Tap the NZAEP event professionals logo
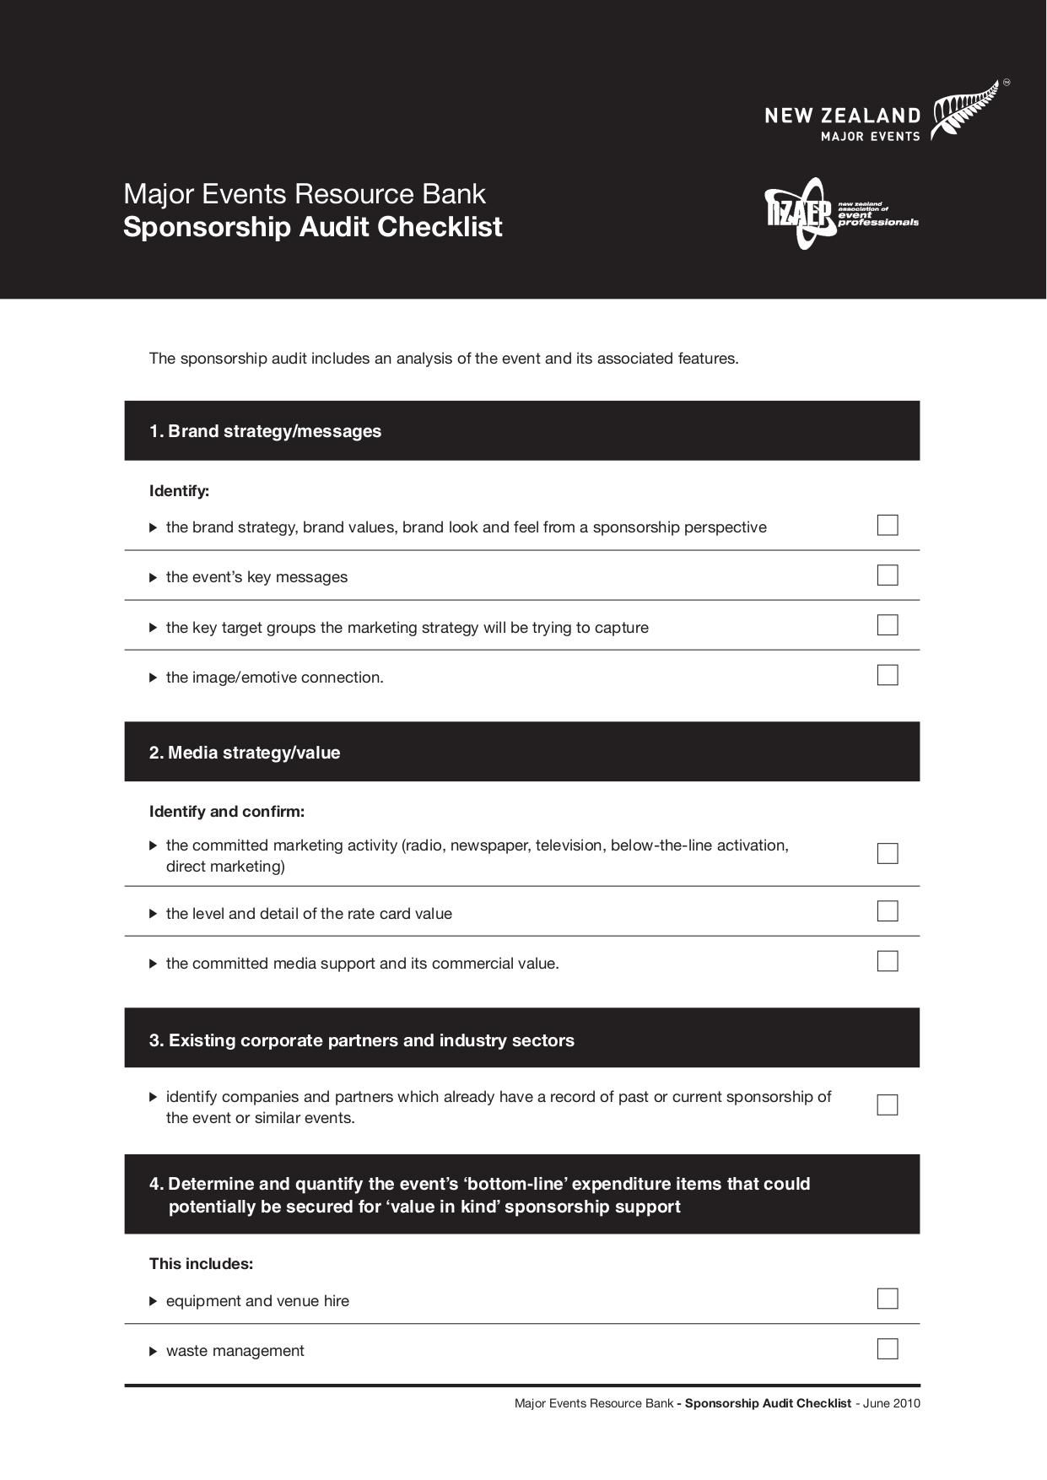(x=840, y=213)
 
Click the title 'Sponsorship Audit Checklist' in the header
(x=312, y=227)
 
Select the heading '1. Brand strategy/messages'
(x=265, y=431)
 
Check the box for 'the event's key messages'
(x=888, y=575)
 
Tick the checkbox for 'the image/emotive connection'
(x=888, y=675)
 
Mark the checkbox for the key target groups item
(x=888, y=625)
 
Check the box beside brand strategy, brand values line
(x=888, y=525)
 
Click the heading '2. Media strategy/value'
(x=245, y=753)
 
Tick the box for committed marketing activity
(x=888, y=853)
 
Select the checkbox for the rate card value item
(x=888, y=911)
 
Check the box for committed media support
(x=888, y=961)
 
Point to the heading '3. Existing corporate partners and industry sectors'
(x=361, y=1040)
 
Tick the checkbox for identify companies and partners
(x=888, y=1105)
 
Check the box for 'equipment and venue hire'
(x=888, y=1299)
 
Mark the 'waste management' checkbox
(x=888, y=1348)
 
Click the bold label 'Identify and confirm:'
(x=226, y=812)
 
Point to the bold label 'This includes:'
(x=201, y=1264)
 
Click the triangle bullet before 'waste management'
(x=154, y=1351)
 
